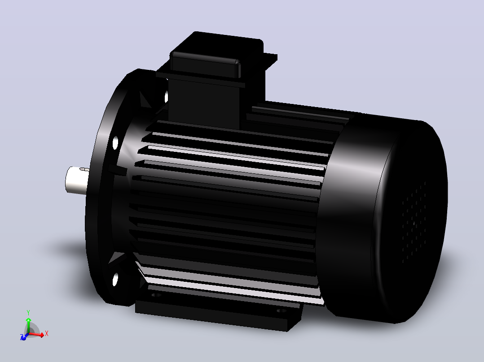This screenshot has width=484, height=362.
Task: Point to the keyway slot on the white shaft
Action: coord(84,169)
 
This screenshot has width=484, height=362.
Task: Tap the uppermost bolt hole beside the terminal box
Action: coord(167,96)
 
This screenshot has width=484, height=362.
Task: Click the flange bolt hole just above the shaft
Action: coord(115,143)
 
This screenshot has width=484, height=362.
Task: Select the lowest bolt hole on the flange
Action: coord(115,280)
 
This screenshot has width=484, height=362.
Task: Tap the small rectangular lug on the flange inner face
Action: coord(117,170)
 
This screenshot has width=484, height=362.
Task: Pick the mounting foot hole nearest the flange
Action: coord(157,295)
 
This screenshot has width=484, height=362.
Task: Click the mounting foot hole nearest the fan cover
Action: coord(281,310)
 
